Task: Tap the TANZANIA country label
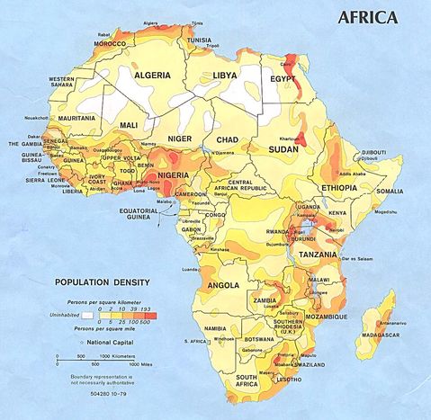click(x=318, y=255)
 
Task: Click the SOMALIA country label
click(x=390, y=191)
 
